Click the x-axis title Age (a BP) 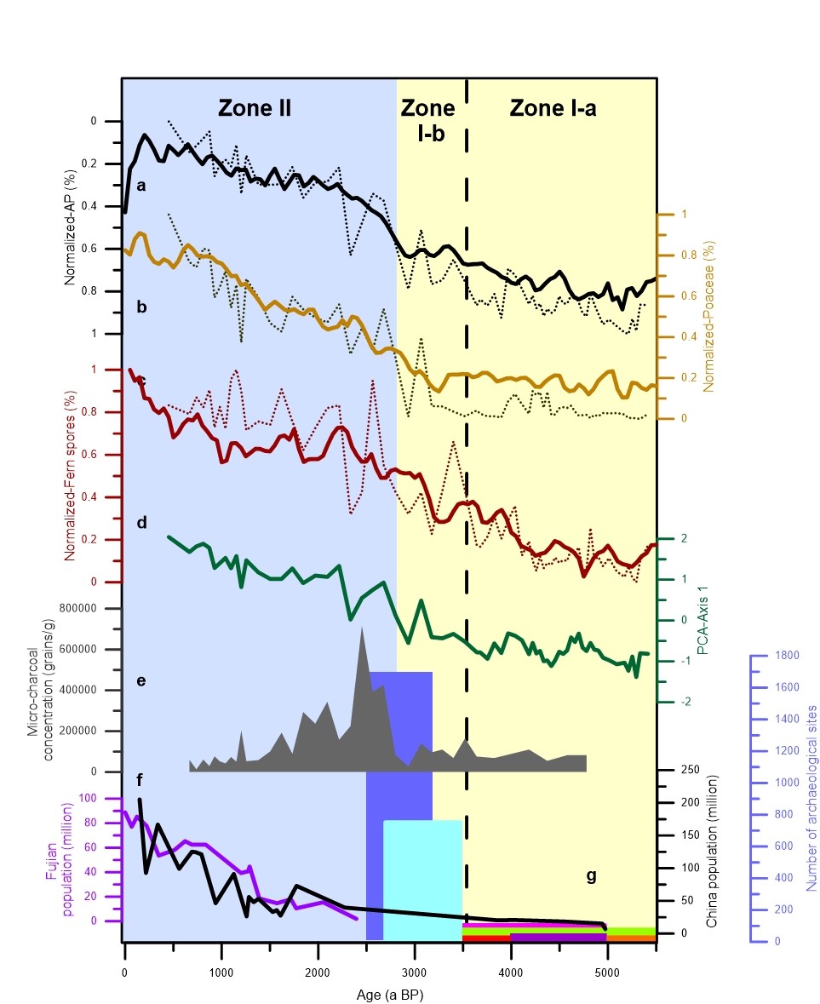389,994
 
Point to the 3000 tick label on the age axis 414,972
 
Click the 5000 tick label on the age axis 606,972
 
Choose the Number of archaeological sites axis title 811,797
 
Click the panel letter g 591,878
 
